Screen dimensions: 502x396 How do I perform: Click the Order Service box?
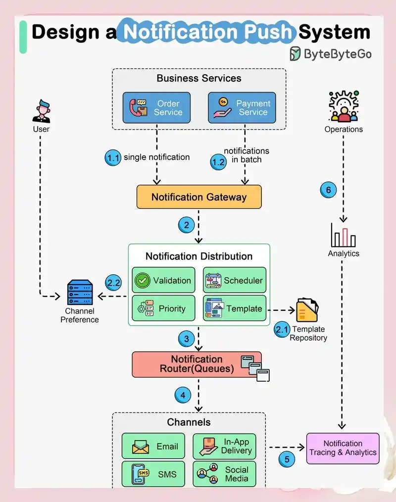coord(156,107)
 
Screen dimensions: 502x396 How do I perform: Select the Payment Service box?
coord(242,107)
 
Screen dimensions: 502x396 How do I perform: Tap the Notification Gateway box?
coord(198,197)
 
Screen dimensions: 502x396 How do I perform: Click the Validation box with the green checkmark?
coord(163,280)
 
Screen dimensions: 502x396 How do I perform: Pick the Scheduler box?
coord(235,280)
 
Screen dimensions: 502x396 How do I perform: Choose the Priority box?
coord(163,308)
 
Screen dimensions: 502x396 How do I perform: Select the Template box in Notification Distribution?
coord(235,308)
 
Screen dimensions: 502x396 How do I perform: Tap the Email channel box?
coord(153,446)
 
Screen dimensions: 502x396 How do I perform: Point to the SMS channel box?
coord(153,474)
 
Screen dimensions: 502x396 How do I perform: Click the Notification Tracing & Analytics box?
coord(343,448)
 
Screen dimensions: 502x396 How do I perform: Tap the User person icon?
coord(41,111)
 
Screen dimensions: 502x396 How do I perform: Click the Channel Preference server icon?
coord(80,293)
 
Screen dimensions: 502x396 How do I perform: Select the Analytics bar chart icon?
coord(343,235)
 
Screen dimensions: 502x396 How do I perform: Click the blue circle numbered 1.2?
coord(218,163)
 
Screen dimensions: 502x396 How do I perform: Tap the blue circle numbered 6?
coord(328,190)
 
